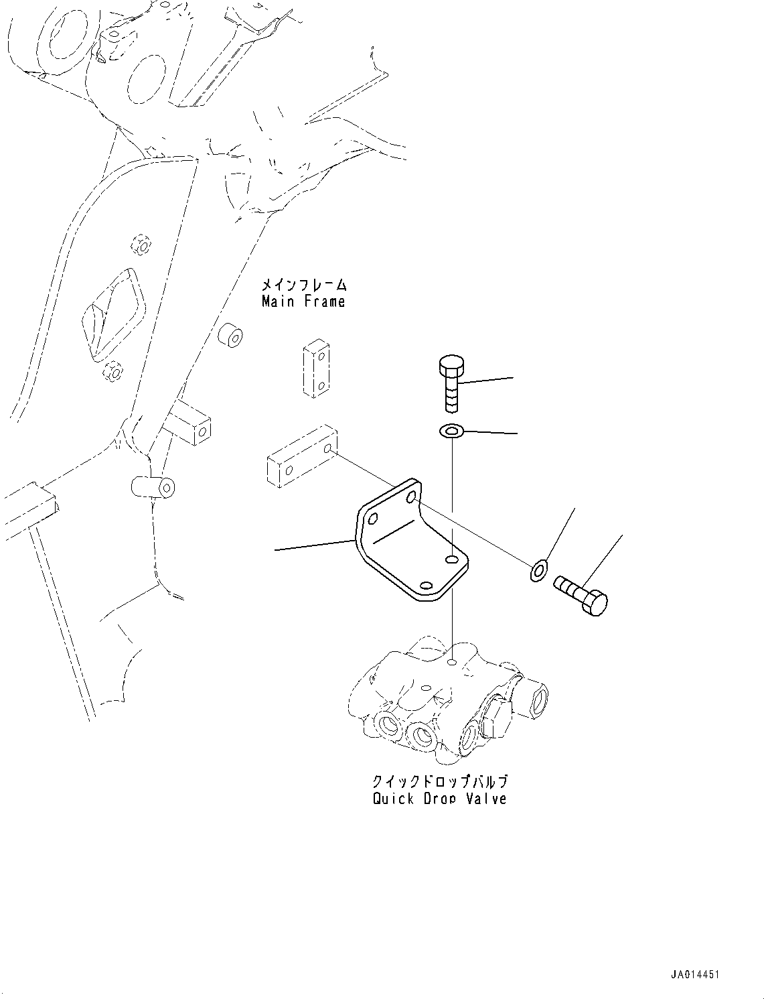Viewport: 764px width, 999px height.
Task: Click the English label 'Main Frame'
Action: tap(303, 302)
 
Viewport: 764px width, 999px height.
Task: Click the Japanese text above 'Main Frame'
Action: tap(303, 284)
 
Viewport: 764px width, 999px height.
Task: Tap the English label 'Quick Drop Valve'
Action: tap(439, 799)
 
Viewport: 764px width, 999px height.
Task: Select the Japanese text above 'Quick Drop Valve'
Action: tap(439, 782)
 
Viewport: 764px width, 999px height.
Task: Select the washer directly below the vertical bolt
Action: tap(452, 431)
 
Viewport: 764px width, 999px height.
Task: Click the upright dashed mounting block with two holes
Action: tap(315, 371)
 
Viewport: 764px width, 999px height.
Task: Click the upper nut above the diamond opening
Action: tap(141, 245)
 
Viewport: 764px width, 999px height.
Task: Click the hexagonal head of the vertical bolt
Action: tap(450, 367)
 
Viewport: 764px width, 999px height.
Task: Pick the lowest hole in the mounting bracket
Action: tap(425, 585)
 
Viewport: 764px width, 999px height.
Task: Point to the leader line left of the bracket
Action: tap(315, 545)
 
